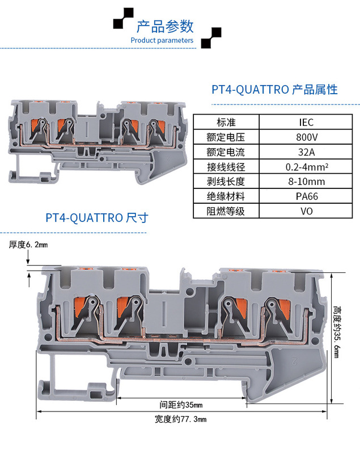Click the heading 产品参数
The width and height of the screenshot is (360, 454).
pyautogui.click(x=165, y=26)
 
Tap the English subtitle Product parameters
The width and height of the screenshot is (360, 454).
pyautogui.click(x=162, y=40)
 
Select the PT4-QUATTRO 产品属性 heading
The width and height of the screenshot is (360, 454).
pyautogui.click(x=274, y=89)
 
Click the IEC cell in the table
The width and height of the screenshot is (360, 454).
pyautogui.click(x=306, y=122)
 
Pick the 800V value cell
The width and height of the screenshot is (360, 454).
pyautogui.click(x=306, y=137)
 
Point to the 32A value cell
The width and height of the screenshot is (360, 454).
pyautogui.click(x=306, y=152)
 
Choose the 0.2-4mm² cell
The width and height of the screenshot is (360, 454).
pyautogui.click(x=306, y=167)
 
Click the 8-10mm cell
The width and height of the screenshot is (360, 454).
pyautogui.click(x=306, y=182)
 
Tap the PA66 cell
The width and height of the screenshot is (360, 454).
pyautogui.click(x=306, y=196)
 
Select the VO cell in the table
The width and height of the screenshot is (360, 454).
pyautogui.click(x=306, y=211)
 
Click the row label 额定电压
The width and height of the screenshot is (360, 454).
pyautogui.click(x=226, y=137)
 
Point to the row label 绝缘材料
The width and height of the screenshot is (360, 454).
pyautogui.click(x=226, y=196)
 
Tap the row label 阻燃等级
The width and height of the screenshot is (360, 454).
pyautogui.click(x=226, y=211)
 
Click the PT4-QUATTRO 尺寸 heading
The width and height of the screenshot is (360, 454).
pyautogui.click(x=97, y=218)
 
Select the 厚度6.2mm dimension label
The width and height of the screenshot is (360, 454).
pyautogui.click(x=28, y=245)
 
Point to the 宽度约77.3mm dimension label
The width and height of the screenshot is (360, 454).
pyautogui.click(x=180, y=419)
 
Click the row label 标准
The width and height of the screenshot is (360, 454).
pyautogui.click(x=226, y=122)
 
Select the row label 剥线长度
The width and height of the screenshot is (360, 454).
pyautogui.click(x=226, y=182)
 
